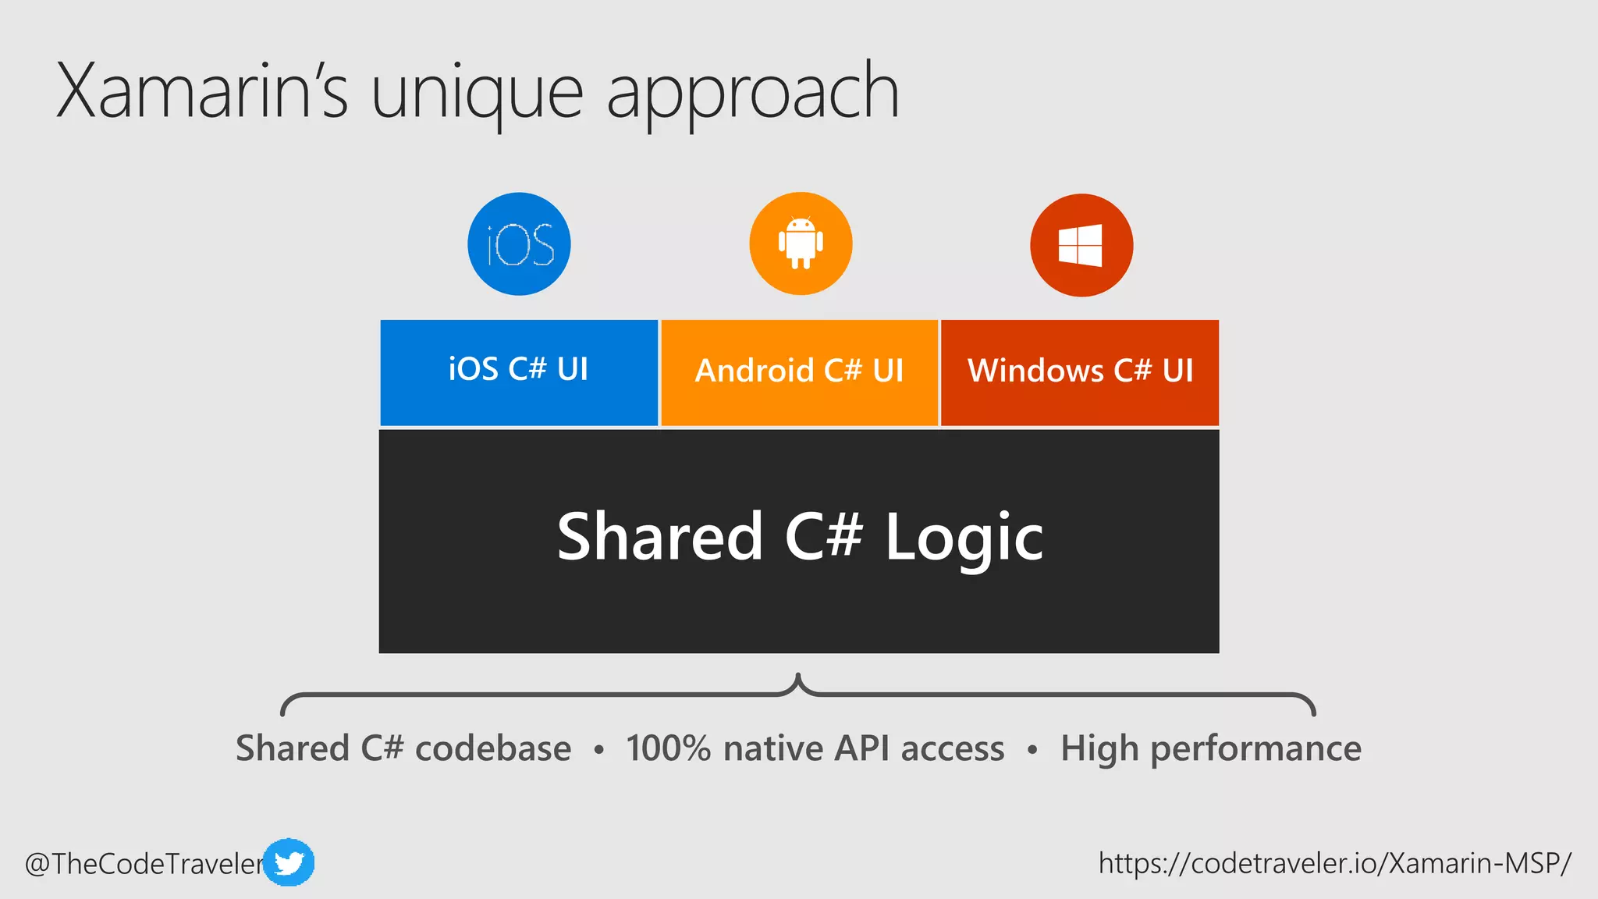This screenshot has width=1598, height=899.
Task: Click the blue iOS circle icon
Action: [519, 244]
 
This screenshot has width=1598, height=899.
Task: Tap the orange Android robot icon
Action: [801, 244]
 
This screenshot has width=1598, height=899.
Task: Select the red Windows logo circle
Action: [1081, 245]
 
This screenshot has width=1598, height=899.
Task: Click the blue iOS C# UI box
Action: [519, 372]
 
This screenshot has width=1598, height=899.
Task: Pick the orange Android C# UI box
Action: [799, 372]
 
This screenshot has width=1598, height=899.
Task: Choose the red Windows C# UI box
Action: [1080, 372]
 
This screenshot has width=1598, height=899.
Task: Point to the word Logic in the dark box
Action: [964, 538]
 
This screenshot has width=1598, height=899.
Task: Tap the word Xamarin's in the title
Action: [201, 92]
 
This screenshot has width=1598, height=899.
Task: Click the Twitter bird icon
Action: [289, 862]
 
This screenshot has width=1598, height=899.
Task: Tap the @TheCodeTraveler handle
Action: [144, 864]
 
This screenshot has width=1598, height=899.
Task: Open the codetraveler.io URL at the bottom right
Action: [1334, 863]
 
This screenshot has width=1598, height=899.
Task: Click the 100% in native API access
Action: [668, 748]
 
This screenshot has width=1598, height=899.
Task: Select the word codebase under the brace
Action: [493, 748]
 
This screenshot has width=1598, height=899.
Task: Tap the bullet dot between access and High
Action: [1032, 751]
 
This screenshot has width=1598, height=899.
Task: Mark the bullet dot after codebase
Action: [598, 751]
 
